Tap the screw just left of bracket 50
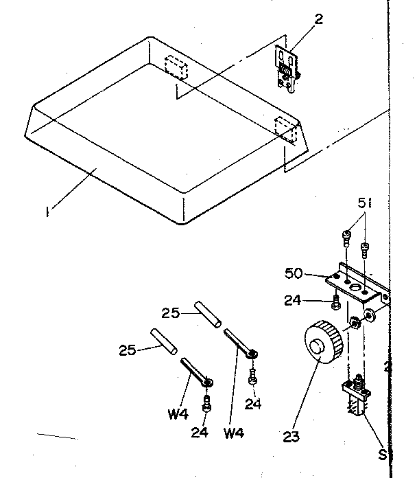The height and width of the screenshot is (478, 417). point(334,301)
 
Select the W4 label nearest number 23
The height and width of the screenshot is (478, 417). point(234,433)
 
